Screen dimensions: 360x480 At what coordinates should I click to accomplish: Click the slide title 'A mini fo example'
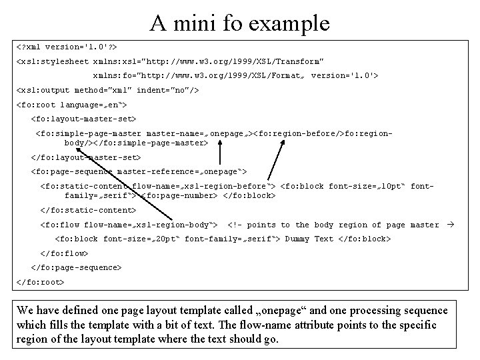(x=240, y=23)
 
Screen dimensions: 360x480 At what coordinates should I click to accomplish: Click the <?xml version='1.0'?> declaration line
(x=66, y=48)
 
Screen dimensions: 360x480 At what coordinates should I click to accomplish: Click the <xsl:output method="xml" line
(x=107, y=90)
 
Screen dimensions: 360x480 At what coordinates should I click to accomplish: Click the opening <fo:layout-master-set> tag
(x=83, y=119)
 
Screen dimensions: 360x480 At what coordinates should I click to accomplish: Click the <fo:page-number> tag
(x=180, y=196)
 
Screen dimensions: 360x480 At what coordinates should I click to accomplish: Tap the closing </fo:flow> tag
(x=65, y=253)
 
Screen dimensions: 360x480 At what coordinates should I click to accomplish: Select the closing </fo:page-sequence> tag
(x=76, y=267)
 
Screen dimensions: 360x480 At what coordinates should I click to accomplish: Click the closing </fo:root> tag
(x=40, y=282)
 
